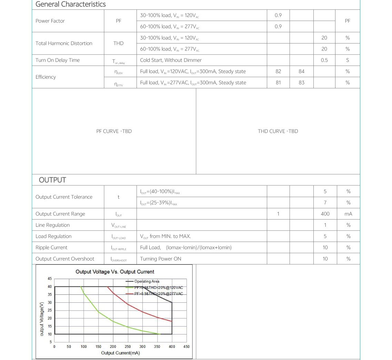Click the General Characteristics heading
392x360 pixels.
pos(71,4)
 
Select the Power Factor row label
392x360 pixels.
pos(50,21)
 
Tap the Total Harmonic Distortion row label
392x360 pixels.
pos(64,43)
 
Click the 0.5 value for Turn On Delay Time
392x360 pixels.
pos(324,60)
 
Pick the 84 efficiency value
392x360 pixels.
pos(301,71)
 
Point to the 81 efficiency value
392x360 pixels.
pos(278,83)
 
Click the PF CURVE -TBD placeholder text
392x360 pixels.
pos(114,132)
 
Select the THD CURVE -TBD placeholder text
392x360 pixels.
pos(278,132)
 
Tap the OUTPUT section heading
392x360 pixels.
pos(52,180)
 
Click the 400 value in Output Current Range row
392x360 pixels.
pos(325,214)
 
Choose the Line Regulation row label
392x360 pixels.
pos(52,225)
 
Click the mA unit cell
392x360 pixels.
pos(348,214)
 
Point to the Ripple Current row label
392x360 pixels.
pos(51,248)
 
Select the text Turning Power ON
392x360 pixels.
pos(160,259)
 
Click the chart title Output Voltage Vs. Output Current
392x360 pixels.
pos(115,272)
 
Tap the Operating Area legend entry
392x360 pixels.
pos(147,281)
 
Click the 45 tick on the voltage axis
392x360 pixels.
pos(50,279)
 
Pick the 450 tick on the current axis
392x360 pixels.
pos(186,347)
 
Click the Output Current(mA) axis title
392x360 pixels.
pos(120,353)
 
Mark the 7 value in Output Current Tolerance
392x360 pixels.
pos(325,203)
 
